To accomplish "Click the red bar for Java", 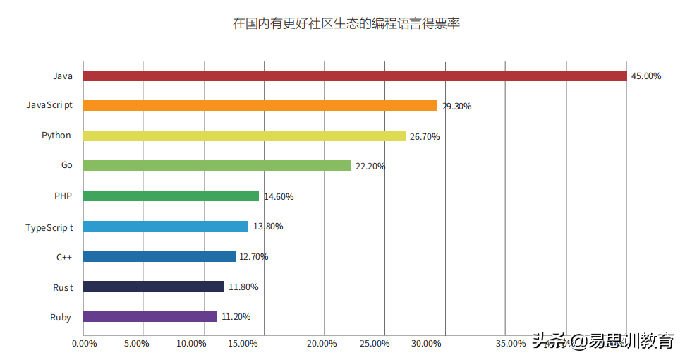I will pos(354,76).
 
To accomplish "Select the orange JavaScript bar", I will pos(260,106).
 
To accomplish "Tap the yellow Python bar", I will pos(244,136).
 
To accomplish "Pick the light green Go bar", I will pos(217,166).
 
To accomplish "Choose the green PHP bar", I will pos(171,196).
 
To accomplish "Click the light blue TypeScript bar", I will pos(165,227).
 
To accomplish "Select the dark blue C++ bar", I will pos(159,256).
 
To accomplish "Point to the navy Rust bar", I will pos(153,287).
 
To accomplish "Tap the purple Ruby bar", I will pos(150,317).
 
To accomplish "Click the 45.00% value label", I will pos(646,76).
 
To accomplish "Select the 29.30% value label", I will pos(456,107).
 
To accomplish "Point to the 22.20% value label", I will pos(370,167).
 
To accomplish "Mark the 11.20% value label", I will pos(236,317).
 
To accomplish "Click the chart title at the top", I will pos(346,23).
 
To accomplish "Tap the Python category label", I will pos(56,136).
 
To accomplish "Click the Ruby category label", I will pos(61,317).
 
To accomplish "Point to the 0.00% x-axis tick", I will pos(85,344).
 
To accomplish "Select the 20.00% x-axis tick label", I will pos(323,344).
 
